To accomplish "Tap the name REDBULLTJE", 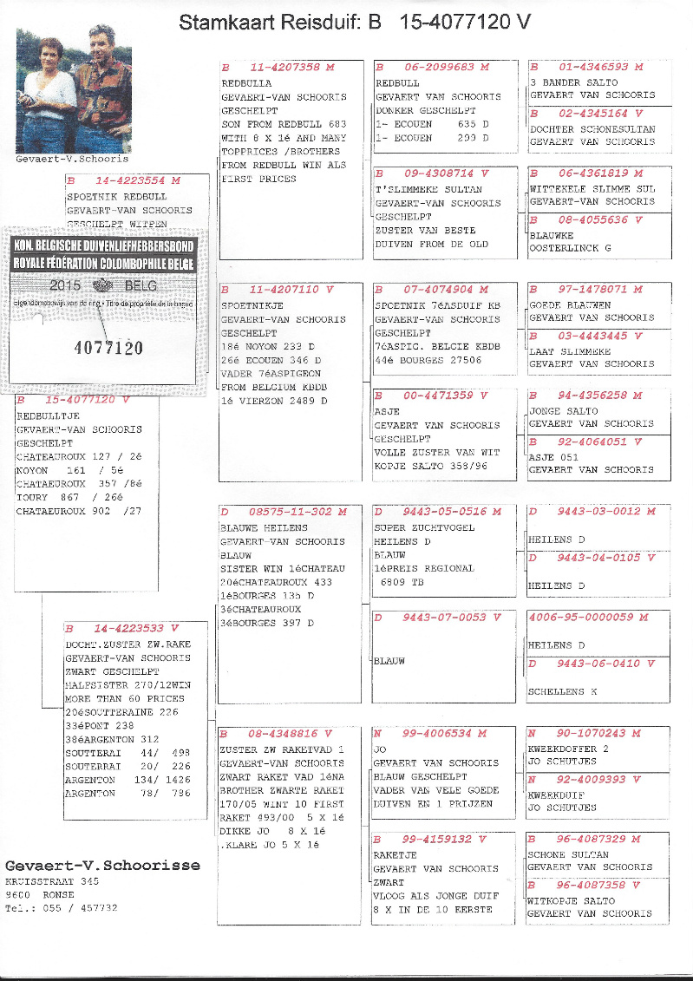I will click(x=42, y=416).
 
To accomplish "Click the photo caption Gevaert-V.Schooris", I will click(x=72, y=159).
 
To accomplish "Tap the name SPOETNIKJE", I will click(x=252, y=306).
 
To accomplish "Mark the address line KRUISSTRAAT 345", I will click(x=52, y=881).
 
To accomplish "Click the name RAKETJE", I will click(x=395, y=854).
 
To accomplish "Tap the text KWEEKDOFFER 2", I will click(x=569, y=748).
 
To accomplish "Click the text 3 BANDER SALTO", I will click(x=573, y=82).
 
